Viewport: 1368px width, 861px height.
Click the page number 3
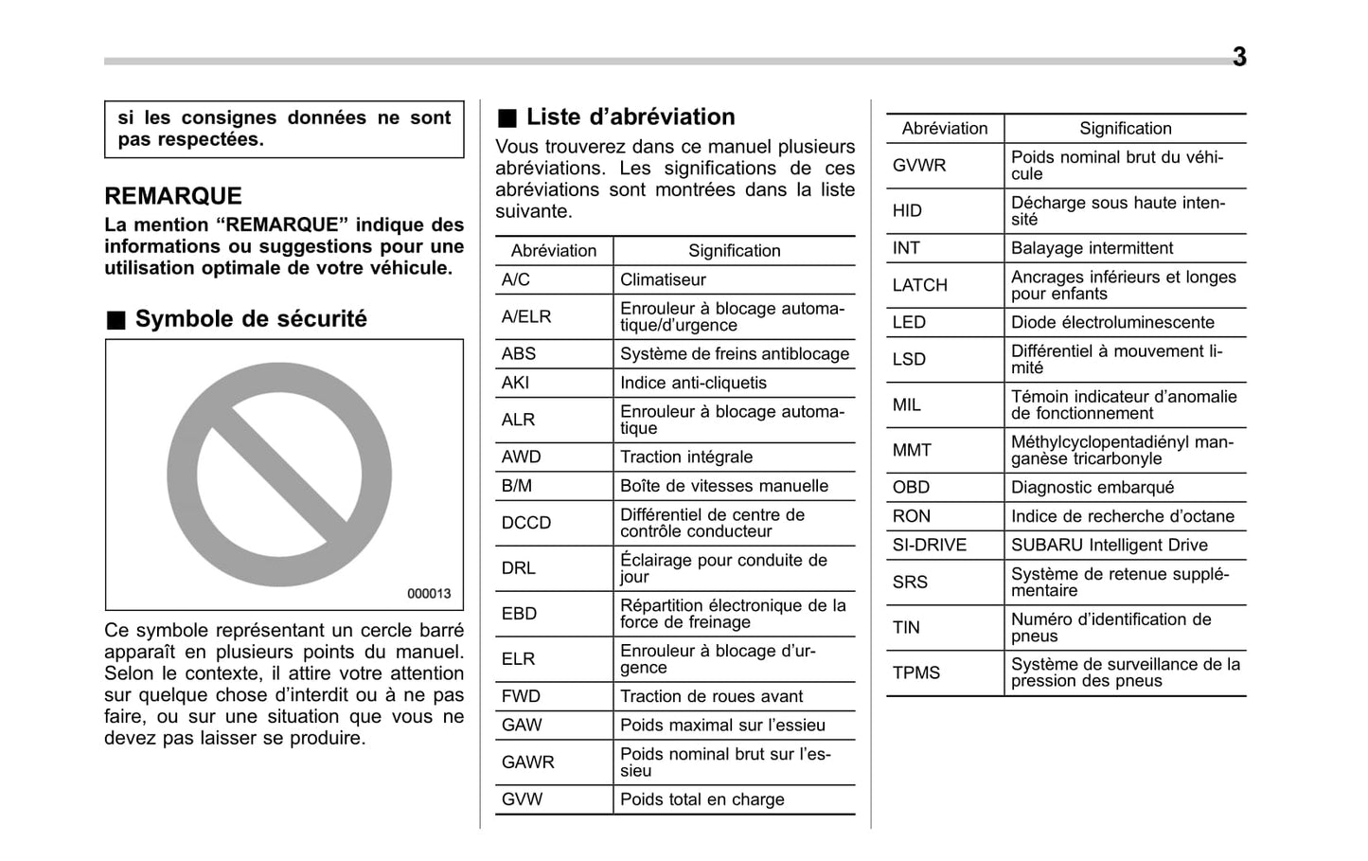[x=1238, y=57]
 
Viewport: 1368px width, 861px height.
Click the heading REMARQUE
[x=173, y=196]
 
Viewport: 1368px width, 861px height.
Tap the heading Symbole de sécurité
[x=250, y=319]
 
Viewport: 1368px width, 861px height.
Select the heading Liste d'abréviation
[x=630, y=117]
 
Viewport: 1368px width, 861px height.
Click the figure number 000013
[x=429, y=594]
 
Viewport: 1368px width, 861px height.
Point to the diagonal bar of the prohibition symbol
[x=280, y=475]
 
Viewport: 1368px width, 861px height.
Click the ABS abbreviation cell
[x=519, y=354]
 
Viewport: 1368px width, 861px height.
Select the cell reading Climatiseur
[x=663, y=280]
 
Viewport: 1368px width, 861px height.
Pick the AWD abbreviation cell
[x=522, y=457]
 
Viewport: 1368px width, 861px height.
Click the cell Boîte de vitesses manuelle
[x=724, y=486]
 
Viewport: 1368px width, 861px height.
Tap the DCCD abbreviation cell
[x=526, y=523]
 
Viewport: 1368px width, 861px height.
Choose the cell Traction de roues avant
[x=711, y=696]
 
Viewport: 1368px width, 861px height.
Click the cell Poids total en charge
[x=702, y=799]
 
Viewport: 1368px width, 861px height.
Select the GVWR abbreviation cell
[x=919, y=166]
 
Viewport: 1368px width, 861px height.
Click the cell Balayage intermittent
[x=1092, y=248]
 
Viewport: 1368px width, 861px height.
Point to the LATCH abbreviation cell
[x=919, y=285]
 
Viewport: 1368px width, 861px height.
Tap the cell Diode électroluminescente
[x=1112, y=322]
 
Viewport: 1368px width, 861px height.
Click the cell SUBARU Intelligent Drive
[x=1109, y=545]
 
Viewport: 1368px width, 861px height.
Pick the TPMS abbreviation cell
[x=916, y=673]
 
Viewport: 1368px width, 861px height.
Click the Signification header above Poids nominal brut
[x=1125, y=129]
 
